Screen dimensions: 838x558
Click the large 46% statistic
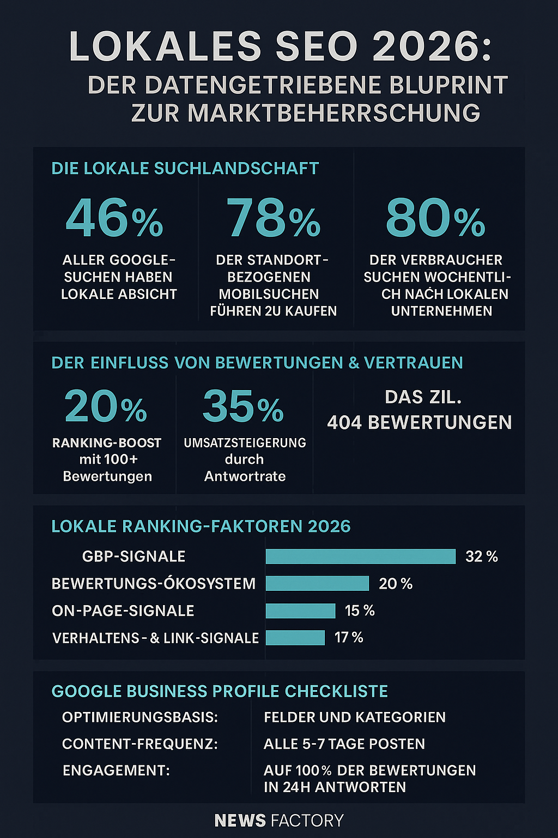point(114,219)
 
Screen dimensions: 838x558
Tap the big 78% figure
point(273,219)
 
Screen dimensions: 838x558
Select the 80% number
point(435,219)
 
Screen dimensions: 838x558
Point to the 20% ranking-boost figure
point(106,407)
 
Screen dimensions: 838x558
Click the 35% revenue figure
point(243,407)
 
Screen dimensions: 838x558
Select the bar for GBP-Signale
point(360,556)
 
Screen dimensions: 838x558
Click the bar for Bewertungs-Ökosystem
point(317,583)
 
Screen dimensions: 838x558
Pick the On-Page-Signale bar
point(300,610)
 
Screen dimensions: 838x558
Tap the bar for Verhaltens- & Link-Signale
point(295,637)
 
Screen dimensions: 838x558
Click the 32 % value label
point(482,556)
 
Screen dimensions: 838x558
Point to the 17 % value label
point(349,637)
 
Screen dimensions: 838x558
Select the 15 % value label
point(360,610)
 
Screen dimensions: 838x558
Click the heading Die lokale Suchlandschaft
point(185,168)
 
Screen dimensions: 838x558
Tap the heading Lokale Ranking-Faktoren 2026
point(201,526)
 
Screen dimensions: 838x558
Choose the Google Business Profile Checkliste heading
point(220,691)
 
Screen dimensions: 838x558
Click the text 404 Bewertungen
point(420,422)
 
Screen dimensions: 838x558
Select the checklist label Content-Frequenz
point(140,744)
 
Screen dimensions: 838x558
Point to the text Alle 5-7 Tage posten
point(344,744)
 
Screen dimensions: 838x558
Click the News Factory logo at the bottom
point(279,821)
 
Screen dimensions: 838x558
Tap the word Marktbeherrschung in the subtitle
point(334,113)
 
